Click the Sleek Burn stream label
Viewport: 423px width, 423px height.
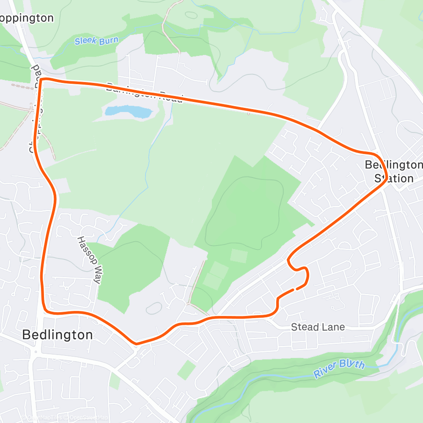[x=96, y=41]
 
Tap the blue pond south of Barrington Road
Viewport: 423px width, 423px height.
[x=128, y=112]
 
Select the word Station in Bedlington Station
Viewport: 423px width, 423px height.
[x=394, y=178]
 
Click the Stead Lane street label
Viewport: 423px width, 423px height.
[x=318, y=327]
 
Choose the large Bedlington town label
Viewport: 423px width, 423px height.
[x=57, y=335]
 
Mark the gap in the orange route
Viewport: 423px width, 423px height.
[x=295, y=289]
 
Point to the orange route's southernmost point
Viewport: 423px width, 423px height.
[x=136, y=343]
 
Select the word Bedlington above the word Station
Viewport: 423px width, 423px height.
[x=394, y=165]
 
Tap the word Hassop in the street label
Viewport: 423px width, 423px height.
[x=83, y=248]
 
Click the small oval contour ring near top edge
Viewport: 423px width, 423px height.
[x=191, y=15]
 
